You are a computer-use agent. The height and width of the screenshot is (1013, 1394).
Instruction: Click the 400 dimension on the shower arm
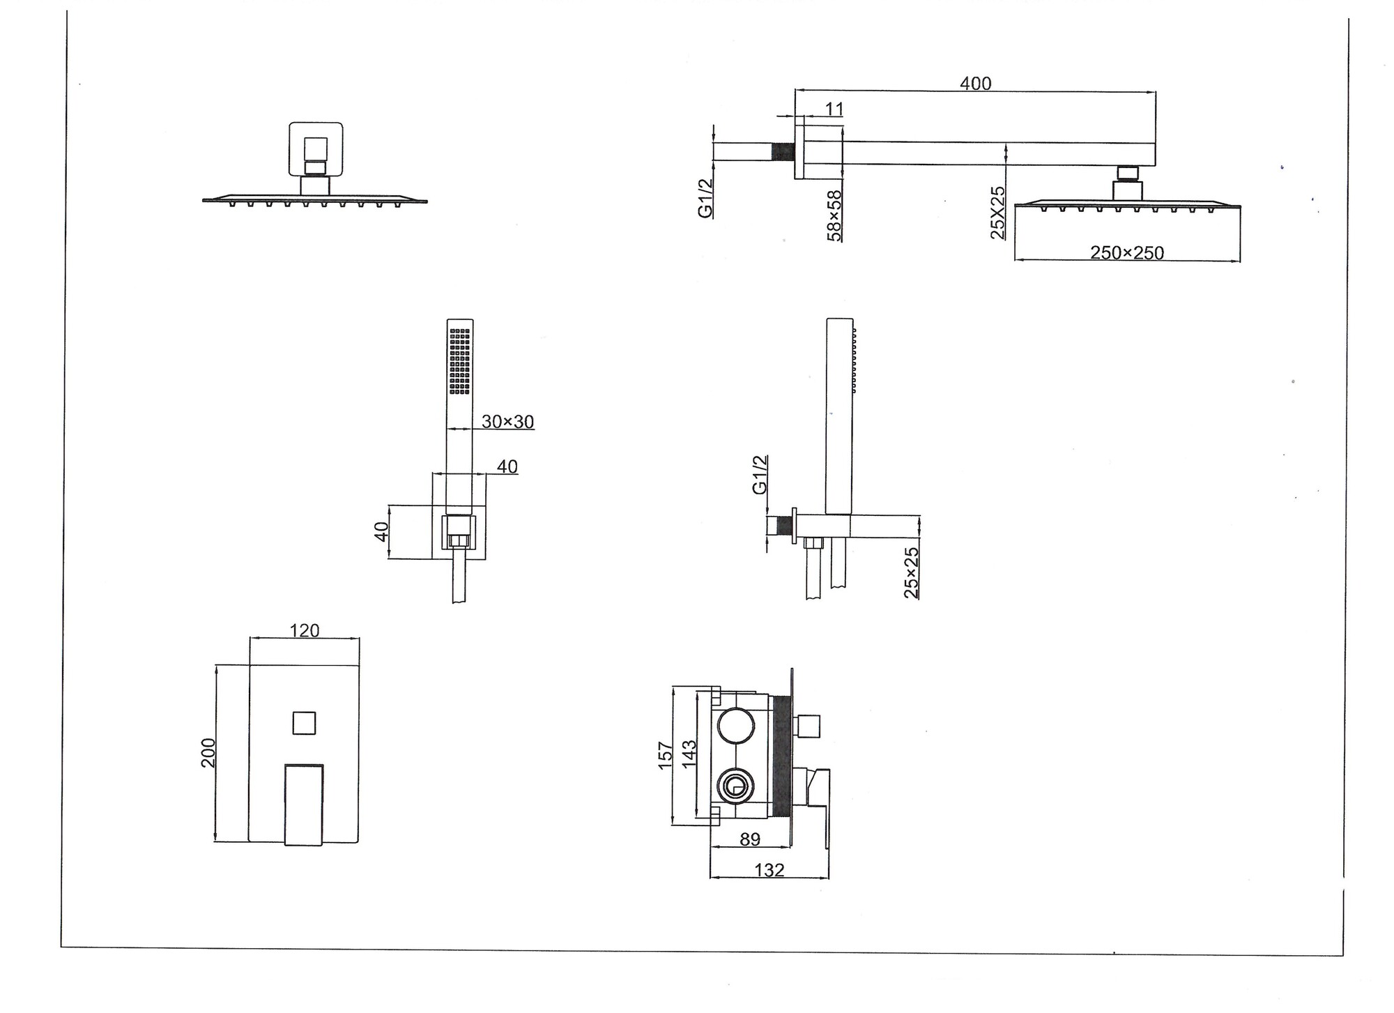pyautogui.click(x=975, y=83)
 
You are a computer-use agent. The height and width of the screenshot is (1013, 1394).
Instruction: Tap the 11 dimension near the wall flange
pyautogui.click(x=834, y=109)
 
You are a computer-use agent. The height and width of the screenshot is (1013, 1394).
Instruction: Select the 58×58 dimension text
pyautogui.click(x=834, y=215)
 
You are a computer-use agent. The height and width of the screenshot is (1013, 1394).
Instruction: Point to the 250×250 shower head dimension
pyautogui.click(x=1127, y=252)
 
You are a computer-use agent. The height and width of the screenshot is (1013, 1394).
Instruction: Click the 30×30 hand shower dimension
pyautogui.click(x=507, y=421)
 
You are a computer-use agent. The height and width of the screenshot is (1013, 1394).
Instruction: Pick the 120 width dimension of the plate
pyautogui.click(x=305, y=630)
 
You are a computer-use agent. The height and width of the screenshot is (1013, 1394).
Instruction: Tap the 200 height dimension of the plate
pyautogui.click(x=208, y=752)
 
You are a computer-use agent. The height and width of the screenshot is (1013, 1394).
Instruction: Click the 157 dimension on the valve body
pyautogui.click(x=666, y=756)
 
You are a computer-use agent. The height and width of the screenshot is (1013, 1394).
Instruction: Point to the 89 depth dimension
pyautogui.click(x=750, y=839)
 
